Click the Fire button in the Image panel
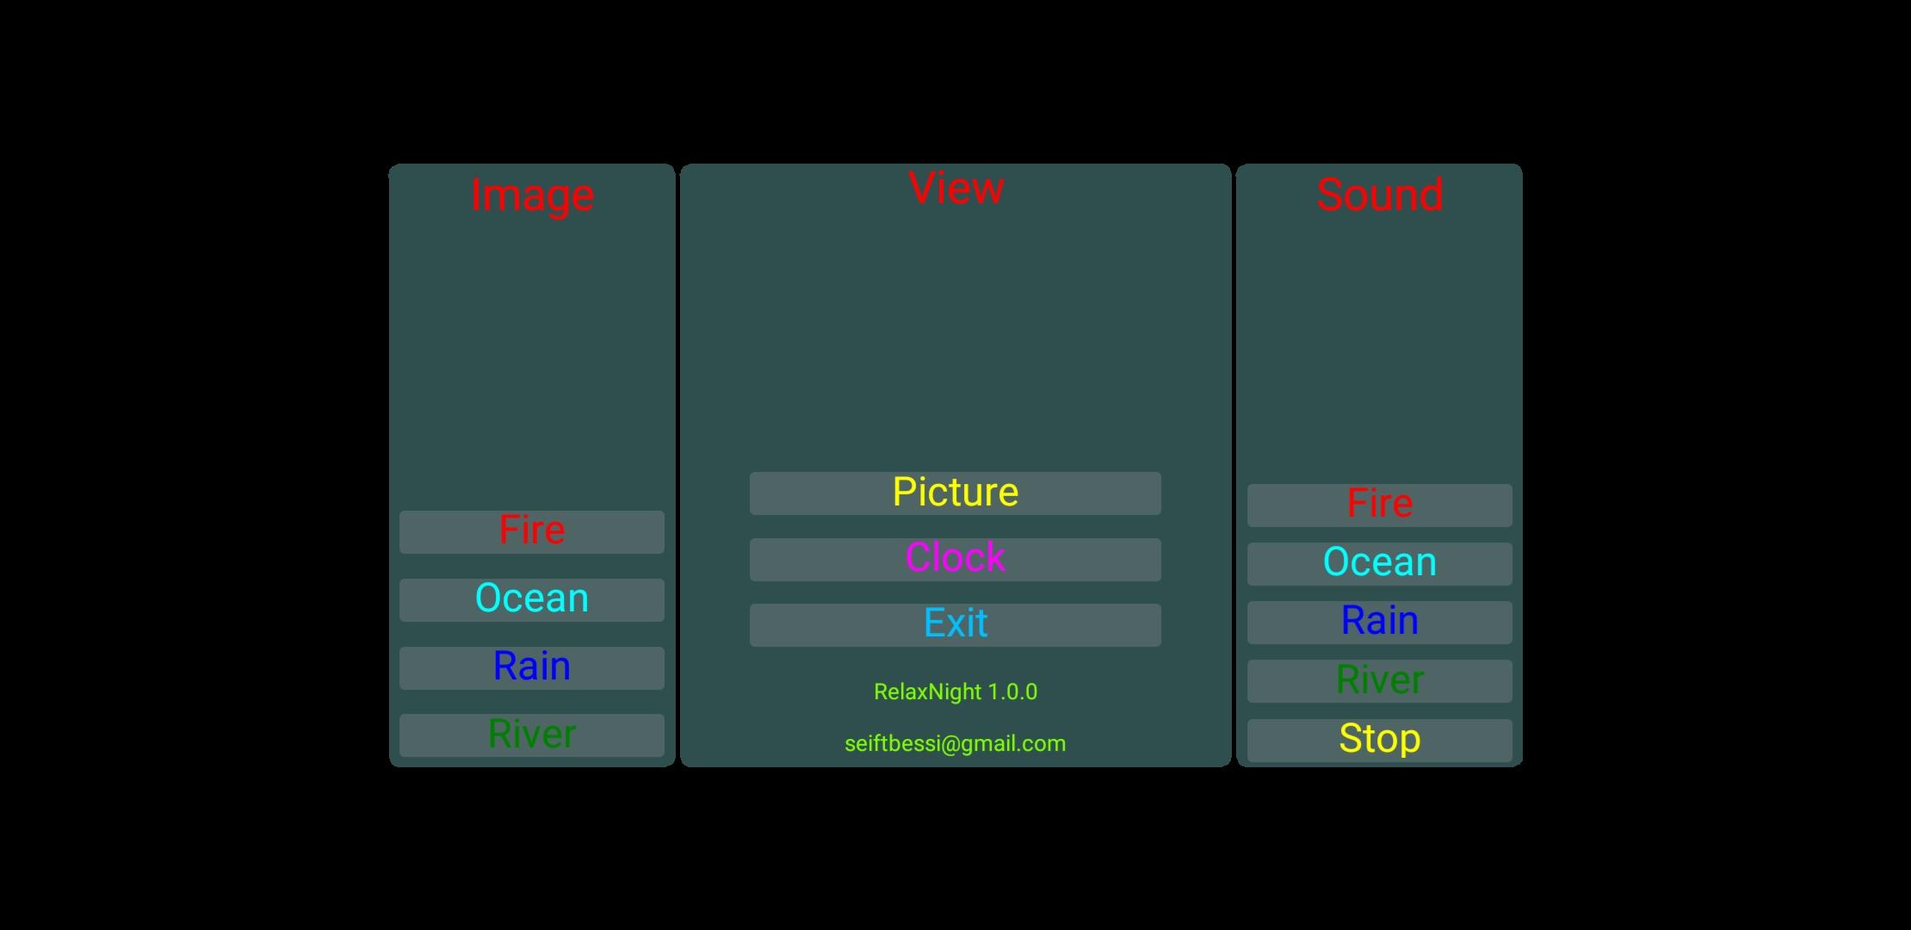click(532, 532)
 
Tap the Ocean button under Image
click(532, 600)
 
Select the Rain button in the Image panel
click(532, 668)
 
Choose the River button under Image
click(532, 735)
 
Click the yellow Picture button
click(955, 493)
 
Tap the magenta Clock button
click(955, 560)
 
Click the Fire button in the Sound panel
click(1380, 505)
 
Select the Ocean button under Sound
click(1380, 564)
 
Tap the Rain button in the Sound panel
click(1380, 623)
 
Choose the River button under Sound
click(1380, 681)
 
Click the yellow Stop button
click(1380, 741)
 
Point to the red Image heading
click(532, 196)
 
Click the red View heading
click(955, 188)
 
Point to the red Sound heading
click(1380, 195)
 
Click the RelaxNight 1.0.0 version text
click(955, 691)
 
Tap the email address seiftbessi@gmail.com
click(955, 743)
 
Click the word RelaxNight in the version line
click(928, 691)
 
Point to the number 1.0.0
click(1012, 691)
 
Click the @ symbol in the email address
click(950, 744)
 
